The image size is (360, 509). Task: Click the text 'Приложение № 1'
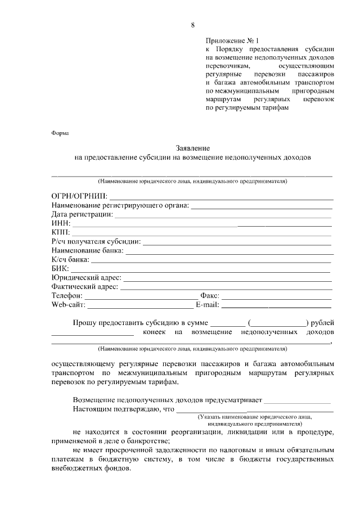pos(231,40)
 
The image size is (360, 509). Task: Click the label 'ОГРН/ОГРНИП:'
pos(79,196)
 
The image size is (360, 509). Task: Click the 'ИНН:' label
pos(61,223)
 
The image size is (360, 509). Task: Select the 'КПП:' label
pos(61,232)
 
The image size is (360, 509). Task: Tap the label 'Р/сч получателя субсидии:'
pos(96,241)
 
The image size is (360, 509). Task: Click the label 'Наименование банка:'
pos(87,250)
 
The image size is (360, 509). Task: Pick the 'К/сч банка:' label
pos(70,259)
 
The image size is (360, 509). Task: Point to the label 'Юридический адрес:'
pos(86,277)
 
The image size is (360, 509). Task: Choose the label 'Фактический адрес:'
pos(85,286)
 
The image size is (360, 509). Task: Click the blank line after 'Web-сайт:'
pos(140,306)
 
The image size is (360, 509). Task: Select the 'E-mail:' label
pos(208,304)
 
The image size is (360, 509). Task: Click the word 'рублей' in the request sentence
pos(322,323)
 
